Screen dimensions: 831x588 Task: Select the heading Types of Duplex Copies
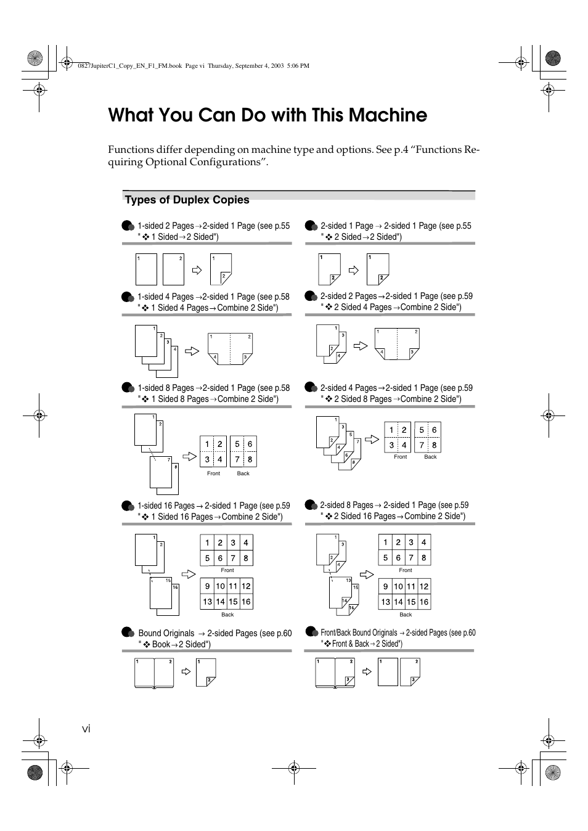click(x=187, y=200)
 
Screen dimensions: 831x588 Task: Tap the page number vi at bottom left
click(x=86, y=729)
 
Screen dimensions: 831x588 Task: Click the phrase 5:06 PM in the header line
click(x=298, y=65)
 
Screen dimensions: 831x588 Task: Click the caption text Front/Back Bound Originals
click(x=359, y=632)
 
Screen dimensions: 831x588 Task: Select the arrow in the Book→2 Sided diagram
click(x=186, y=671)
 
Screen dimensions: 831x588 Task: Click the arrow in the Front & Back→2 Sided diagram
click(x=367, y=671)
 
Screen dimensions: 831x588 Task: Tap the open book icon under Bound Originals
click(x=155, y=673)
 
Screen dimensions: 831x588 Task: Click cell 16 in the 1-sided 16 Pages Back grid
click(x=246, y=602)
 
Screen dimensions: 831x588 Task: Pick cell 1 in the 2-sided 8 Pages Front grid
click(x=385, y=542)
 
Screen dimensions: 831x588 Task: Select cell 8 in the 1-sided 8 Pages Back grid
click(x=250, y=459)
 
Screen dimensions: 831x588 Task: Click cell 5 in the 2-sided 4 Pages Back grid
click(x=422, y=430)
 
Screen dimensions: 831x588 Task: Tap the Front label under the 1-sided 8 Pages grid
click(x=213, y=473)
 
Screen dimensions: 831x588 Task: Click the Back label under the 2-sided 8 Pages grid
click(x=405, y=615)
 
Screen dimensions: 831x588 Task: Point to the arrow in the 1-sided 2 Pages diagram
click(x=197, y=270)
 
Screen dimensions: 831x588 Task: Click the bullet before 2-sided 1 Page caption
click(x=311, y=226)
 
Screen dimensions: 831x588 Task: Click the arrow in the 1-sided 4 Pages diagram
click(x=192, y=351)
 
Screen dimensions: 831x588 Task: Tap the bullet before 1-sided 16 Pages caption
click(x=128, y=506)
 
